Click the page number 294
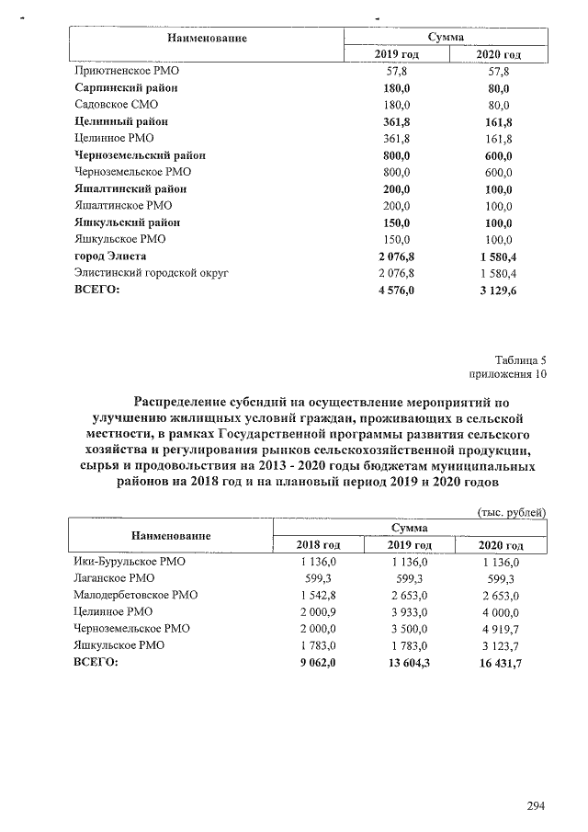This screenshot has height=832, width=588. point(537,806)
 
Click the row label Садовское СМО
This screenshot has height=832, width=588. point(116,105)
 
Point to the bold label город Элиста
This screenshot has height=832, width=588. point(110,256)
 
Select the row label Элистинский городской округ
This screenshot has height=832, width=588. point(151,273)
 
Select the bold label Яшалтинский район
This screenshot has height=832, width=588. point(125,188)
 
